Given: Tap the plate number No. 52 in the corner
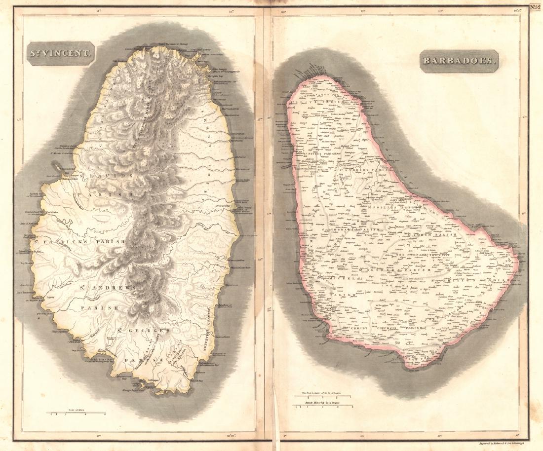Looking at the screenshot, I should coord(536,7).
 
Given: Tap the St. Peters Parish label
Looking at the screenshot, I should coord(316,153).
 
